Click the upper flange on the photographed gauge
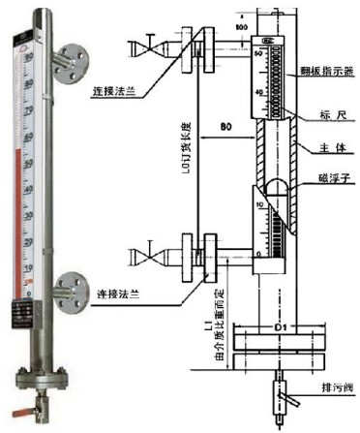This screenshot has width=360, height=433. (69, 60)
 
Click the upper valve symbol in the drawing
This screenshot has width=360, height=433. (149, 46)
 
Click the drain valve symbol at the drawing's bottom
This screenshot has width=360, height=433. (280, 392)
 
